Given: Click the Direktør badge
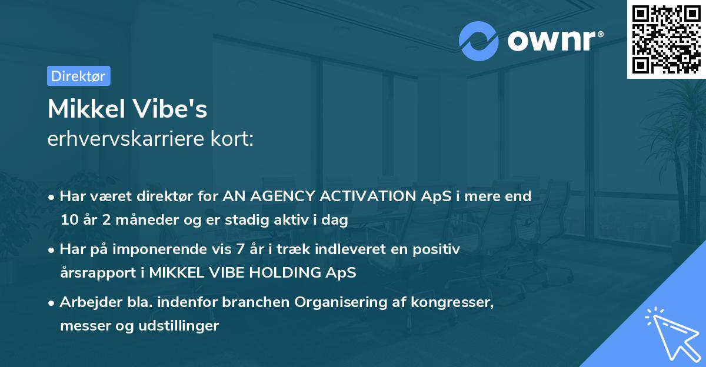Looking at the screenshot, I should pyautogui.click(x=78, y=76).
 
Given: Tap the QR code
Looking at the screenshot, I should pyautogui.click(x=667, y=39).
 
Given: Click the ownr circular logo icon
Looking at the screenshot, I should pyautogui.click(x=479, y=41).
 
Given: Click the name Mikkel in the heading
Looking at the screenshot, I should pyautogui.click(x=88, y=109).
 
